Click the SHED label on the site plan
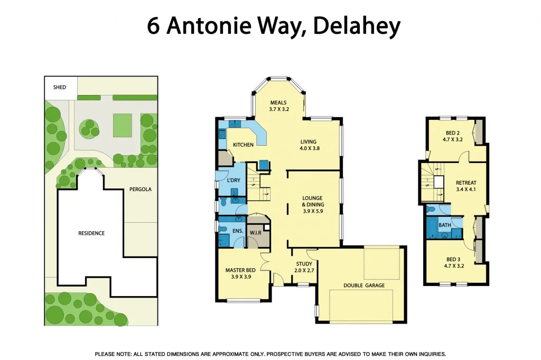pos(60,87)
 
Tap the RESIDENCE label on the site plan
pos(91,233)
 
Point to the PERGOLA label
pos(141,189)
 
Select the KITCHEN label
pos(244,145)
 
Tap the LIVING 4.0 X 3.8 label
pos(309,145)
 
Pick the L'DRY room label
pos(233,181)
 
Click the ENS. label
pos(238,231)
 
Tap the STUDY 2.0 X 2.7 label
pos(304,267)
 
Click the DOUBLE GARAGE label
pos(364,286)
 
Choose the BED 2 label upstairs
pos(452,137)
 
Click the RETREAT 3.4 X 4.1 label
pos(466,186)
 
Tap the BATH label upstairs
pos(445,225)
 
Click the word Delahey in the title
pos(357,26)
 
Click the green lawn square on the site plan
pos(122,125)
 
